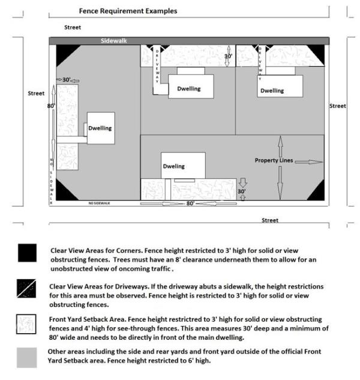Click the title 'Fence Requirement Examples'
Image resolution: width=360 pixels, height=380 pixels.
128,11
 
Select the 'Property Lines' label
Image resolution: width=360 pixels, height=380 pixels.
274,160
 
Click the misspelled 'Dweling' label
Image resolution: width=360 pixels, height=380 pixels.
173,166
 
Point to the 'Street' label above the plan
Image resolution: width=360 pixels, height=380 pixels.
72,28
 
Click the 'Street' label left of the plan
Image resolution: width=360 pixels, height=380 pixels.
36,94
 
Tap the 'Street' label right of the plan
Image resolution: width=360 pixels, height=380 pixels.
338,106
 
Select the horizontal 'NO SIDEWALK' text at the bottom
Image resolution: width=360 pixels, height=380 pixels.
100,204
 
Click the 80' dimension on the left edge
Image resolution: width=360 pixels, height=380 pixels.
51,106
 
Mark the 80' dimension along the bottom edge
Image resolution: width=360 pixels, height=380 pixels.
190,204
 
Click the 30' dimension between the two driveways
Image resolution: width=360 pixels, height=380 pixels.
227,56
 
